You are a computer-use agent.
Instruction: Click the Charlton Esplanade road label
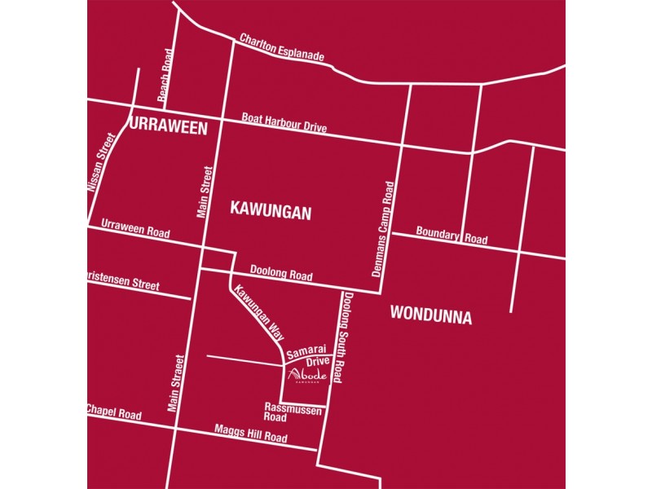pos(282,49)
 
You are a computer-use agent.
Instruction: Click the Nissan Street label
pos(102,163)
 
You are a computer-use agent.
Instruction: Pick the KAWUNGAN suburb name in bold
pos(271,212)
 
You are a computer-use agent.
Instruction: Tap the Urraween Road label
pos(135,228)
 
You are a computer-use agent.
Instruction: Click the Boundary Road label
pos(452,236)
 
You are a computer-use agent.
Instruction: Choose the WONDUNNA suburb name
pos(430,315)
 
